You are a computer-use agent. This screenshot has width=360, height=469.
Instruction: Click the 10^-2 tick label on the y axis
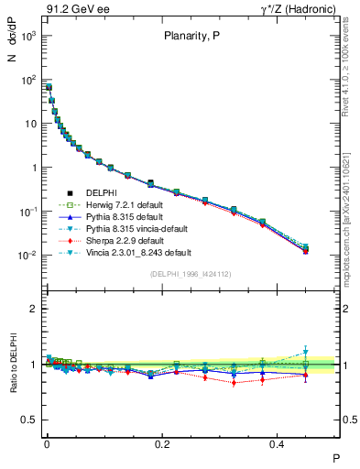(27, 256)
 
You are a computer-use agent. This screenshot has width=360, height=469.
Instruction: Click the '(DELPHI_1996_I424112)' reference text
(191, 274)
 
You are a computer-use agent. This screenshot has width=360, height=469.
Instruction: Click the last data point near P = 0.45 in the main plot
(306, 249)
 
